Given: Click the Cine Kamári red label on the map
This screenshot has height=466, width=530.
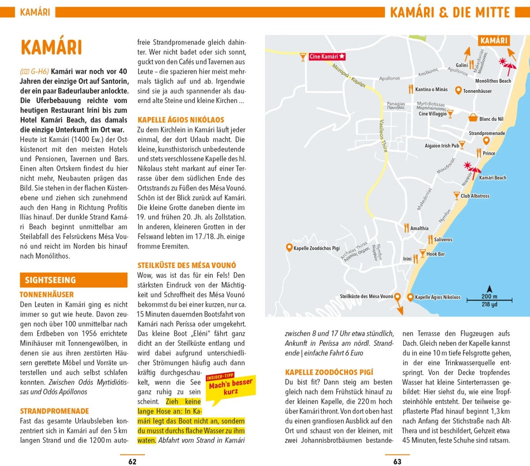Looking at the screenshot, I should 327,57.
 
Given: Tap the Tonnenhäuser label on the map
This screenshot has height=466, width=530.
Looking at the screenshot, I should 477,91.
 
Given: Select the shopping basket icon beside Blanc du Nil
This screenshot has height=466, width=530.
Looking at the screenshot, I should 473,118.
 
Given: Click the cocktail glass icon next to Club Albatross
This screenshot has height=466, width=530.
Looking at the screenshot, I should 457,195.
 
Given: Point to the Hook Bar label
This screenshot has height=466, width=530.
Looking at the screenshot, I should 435,254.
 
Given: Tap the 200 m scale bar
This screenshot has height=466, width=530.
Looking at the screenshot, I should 489,300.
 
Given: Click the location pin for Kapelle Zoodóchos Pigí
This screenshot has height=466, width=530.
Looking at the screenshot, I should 289,248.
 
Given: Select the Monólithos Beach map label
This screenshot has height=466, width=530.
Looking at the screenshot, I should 493,81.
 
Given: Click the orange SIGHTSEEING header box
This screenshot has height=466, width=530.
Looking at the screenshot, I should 73,280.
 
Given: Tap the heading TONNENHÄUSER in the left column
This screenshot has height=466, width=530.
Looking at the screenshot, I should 47,294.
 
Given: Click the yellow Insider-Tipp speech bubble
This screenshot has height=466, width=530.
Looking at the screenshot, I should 230,388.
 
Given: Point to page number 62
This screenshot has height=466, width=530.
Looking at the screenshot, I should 132,462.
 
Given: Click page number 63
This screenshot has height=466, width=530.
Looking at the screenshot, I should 397,462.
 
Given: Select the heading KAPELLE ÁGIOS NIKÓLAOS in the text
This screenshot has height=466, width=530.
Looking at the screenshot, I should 181,120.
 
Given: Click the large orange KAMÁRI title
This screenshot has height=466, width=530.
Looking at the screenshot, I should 51,48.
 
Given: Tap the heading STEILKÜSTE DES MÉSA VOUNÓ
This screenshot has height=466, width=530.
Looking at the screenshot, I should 186,265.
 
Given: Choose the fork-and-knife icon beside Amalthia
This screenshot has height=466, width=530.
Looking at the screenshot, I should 406,228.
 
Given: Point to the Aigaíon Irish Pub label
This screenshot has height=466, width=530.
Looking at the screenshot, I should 442,145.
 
